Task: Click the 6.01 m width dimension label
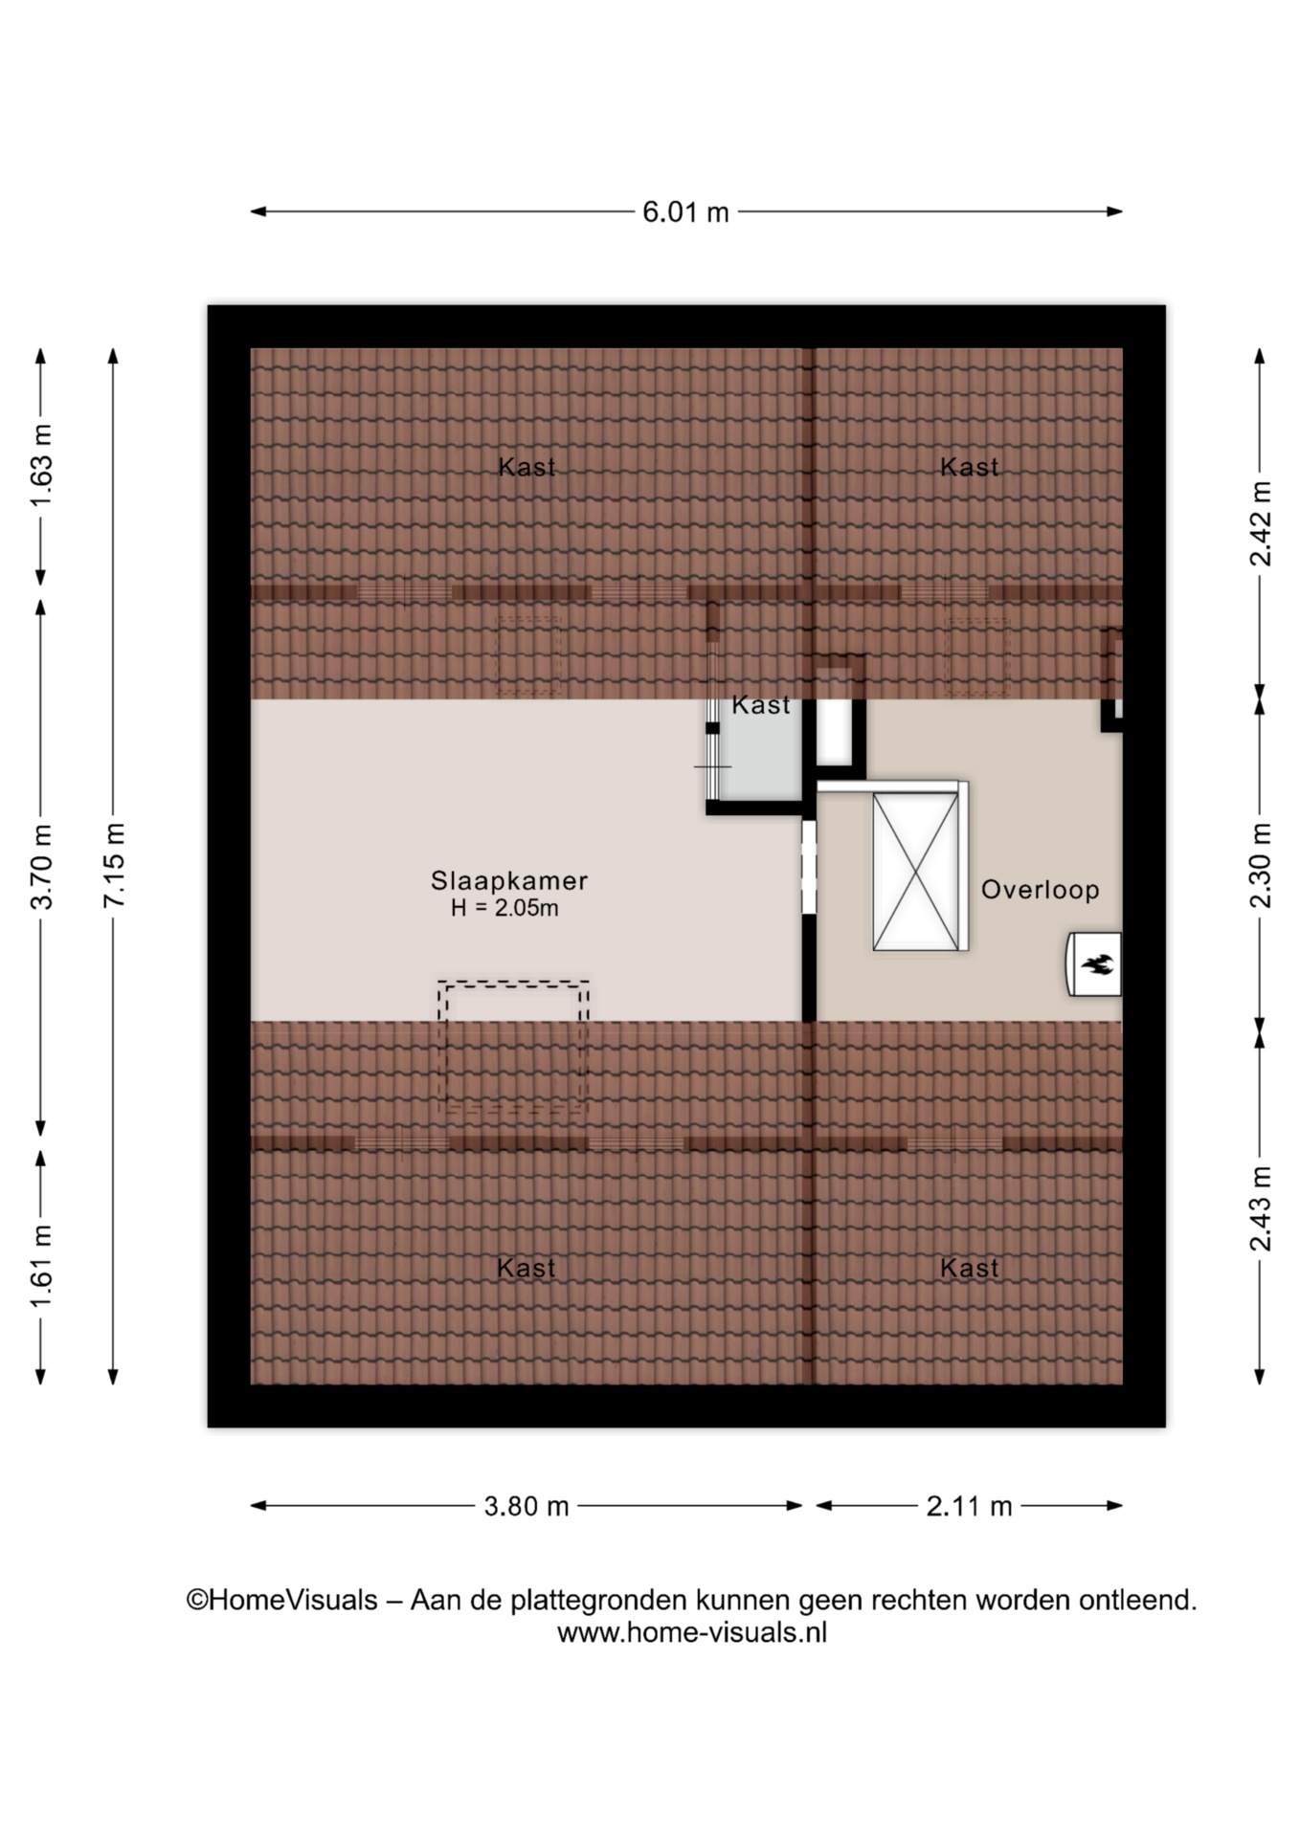pos(685,211)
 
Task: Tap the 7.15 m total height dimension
pos(114,865)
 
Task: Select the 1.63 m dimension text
pos(41,465)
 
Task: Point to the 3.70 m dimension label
pos(41,865)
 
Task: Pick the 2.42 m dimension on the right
pos(1261,522)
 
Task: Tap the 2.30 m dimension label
pos(1261,865)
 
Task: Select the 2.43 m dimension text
pos(1261,1207)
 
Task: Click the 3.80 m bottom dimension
pos(527,1506)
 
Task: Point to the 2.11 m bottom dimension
pos(969,1506)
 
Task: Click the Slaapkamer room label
pos(508,880)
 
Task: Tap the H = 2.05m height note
pos(504,908)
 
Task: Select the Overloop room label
pos(1040,889)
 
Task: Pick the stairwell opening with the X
pos(916,871)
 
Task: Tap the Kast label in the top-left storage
pos(527,467)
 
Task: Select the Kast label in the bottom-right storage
pos(969,1268)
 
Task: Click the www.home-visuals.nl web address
pos(692,1632)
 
